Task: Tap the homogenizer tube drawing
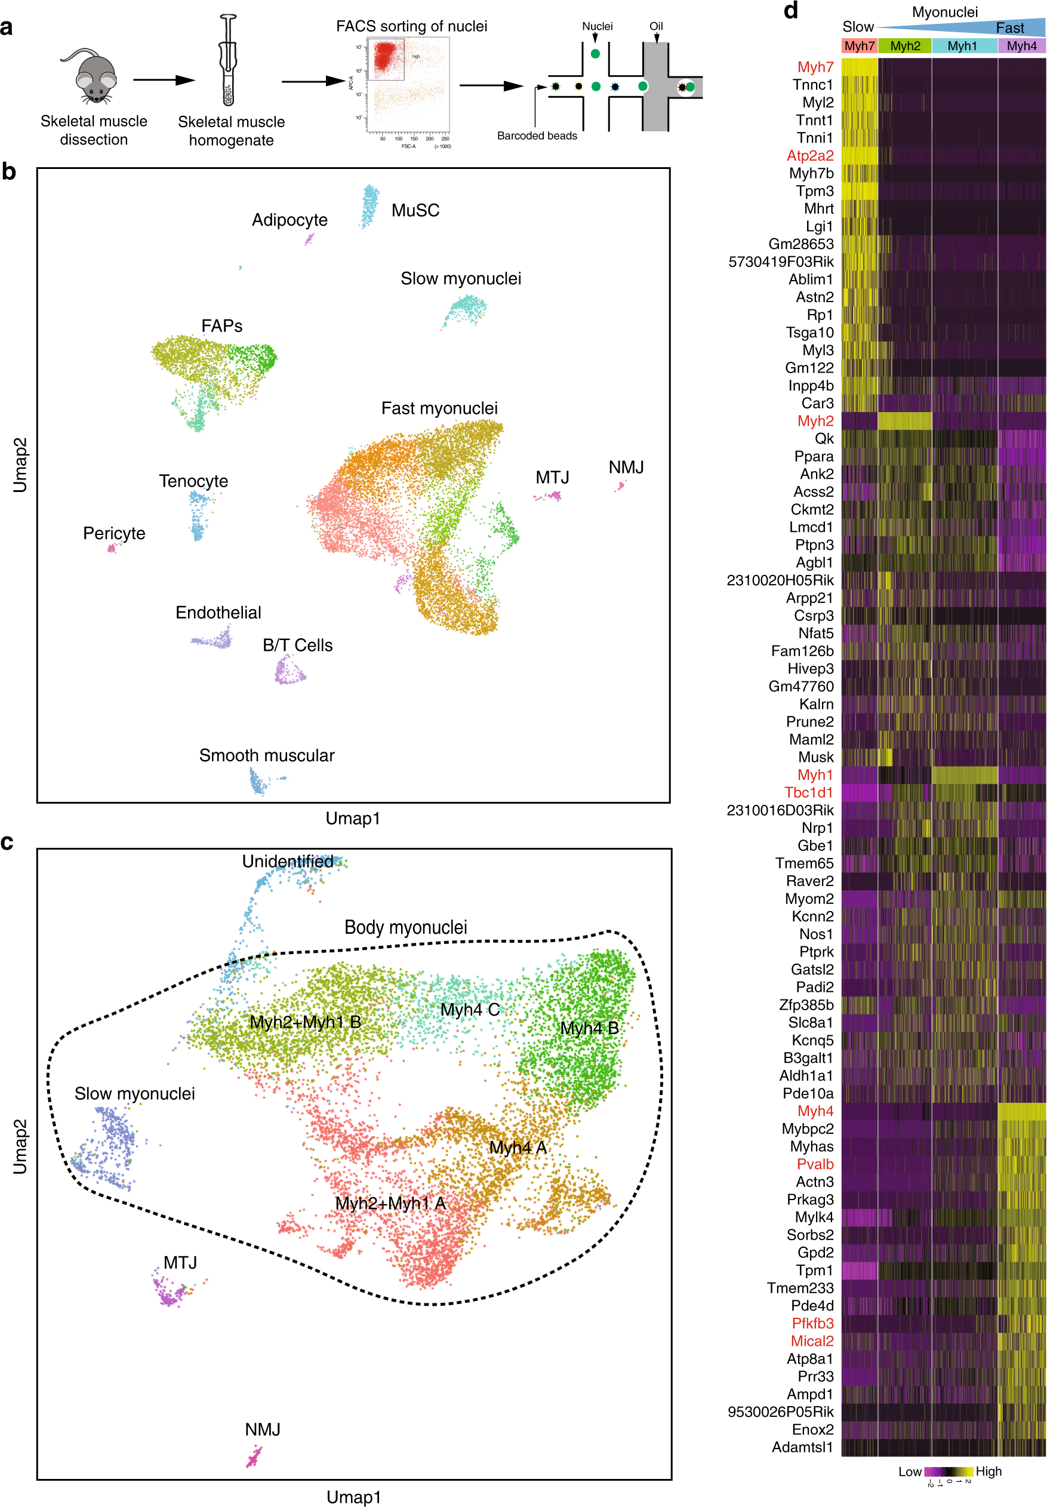pos(227,62)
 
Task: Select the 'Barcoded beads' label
pos(537,136)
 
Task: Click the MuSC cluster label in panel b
pos(415,211)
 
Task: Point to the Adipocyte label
pos(290,220)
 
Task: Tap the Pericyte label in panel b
pos(113,533)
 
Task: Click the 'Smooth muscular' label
pos(266,755)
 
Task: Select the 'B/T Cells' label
pos(297,645)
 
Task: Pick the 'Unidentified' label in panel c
pos(287,861)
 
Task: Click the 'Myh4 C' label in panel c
pos(470,1009)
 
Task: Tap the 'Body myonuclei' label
pos(405,927)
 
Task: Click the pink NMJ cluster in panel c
pos(253,1459)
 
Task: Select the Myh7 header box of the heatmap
pos(859,46)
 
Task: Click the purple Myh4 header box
pos(1021,46)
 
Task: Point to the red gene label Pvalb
pos(815,1164)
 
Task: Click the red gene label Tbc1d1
pos(808,792)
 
